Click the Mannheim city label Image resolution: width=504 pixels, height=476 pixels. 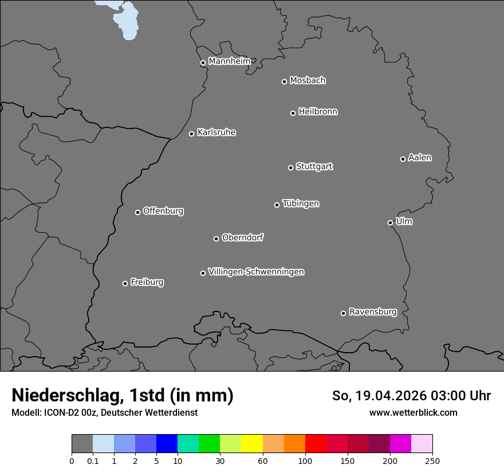pos(229,61)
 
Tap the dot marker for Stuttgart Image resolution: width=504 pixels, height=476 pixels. pos(290,167)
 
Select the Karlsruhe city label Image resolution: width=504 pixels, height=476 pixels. pos(216,132)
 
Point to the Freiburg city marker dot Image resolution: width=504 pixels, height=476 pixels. pos(125,283)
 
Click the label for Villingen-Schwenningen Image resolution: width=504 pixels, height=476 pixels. pos(256,272)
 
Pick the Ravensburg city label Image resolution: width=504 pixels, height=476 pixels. pos(372,312)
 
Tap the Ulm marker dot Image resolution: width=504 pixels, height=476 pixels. pos(390,223)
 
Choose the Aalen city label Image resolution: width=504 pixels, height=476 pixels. pos(419,158)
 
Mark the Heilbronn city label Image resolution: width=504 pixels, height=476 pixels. pos(317,112)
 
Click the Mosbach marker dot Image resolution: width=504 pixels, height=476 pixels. pos(284,81)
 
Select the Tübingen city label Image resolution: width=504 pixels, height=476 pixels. pos(300,204)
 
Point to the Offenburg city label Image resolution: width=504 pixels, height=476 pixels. pos(163,211)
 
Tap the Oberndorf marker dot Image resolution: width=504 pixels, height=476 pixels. pos(216,239)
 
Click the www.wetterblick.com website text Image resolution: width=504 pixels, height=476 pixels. pos(413,412)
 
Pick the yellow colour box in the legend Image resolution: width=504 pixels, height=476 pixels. pos(252,444)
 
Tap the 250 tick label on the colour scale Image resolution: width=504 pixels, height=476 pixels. pos(432,461)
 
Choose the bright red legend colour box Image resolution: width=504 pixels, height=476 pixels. pos(316,444)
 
